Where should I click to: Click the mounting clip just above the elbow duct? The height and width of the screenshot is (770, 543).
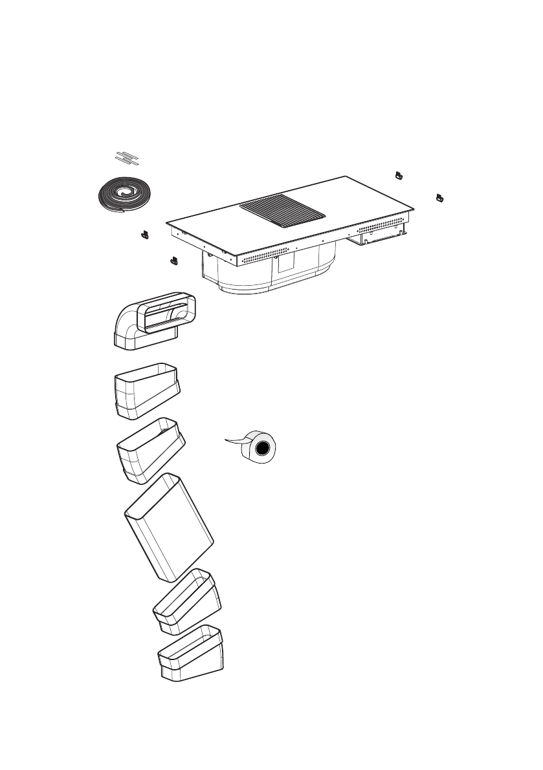tap(173, 260)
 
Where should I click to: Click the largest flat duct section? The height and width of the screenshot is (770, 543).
tap(169, 527)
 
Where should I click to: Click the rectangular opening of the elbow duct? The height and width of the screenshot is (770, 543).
tap(168, 315)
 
